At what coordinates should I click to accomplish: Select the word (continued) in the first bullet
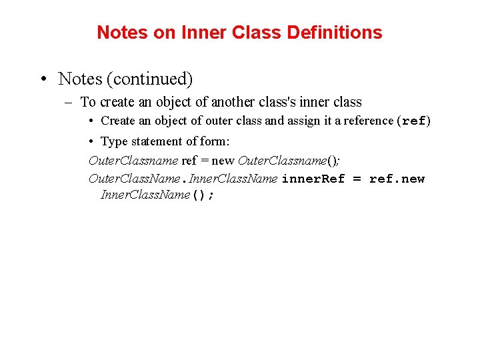(153, 79)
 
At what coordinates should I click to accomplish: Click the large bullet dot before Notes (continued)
(43, 79)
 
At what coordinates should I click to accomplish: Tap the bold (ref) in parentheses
(413, 121)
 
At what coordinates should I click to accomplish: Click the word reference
(367, 121)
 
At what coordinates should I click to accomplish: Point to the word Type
(114, 141)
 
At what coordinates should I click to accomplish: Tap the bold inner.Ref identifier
(313, 179)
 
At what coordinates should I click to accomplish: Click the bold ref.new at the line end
(397, 179)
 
